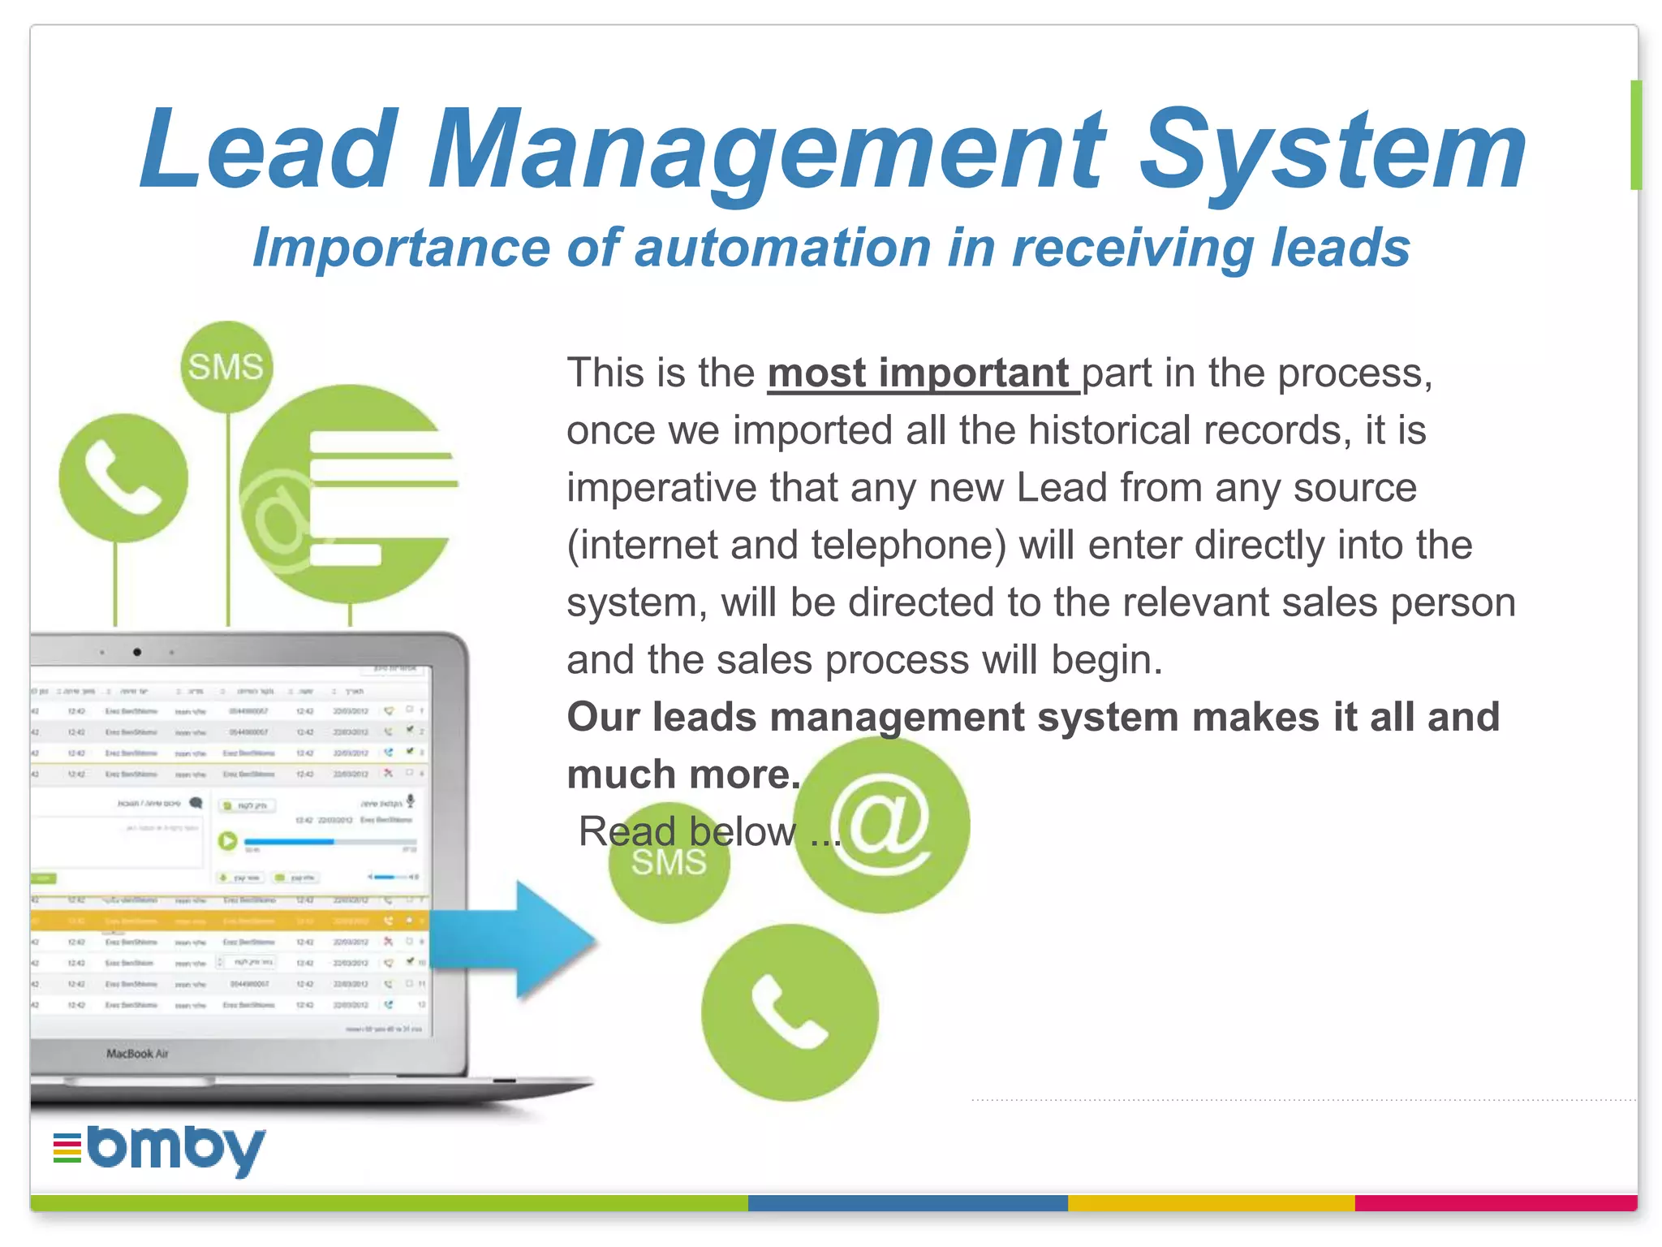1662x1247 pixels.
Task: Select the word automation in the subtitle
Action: point(782,248)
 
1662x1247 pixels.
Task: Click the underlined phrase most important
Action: point(919,373)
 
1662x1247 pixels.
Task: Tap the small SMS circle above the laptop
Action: point(226,367)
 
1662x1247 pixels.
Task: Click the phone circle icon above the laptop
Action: point(123,478)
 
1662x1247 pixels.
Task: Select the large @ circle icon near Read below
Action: point(882,823)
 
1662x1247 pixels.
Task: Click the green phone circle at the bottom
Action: point(790,1012)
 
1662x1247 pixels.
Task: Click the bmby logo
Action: point(161,1149)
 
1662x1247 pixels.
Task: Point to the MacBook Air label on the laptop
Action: point(137,1054)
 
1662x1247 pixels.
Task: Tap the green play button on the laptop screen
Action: point(228,841)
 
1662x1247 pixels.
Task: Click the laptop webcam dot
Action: point(137,652)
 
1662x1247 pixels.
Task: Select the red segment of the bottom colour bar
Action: point(1496,1203)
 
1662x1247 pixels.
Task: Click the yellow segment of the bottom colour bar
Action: point(1211,1203)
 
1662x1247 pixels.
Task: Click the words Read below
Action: point(687,831)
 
